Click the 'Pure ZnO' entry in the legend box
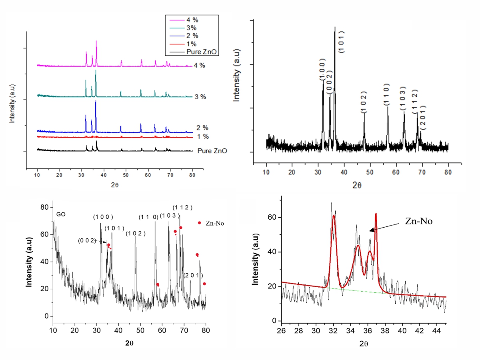point(202,52)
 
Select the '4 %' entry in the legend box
point(192,20)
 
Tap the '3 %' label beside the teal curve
point(200,97)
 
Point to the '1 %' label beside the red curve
point(203,137)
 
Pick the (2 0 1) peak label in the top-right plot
point(423,118)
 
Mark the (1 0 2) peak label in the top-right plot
point(364,102)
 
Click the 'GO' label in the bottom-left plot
point(61,214)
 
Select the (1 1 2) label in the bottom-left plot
point(182,208)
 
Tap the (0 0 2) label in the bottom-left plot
point(87,241)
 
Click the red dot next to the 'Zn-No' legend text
point(200,223)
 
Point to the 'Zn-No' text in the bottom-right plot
point(419,221)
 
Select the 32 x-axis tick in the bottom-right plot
point(333,331)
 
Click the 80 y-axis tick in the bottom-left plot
point(44,207)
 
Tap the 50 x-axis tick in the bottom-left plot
point(140,330)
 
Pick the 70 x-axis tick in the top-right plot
point(422,172)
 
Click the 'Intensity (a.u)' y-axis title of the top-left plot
point(12,104)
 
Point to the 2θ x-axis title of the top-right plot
point(357,185)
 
